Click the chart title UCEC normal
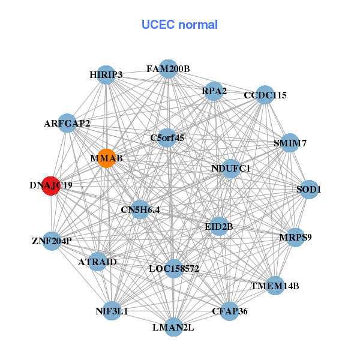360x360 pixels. (179, 25)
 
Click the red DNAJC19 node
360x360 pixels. (51, 185)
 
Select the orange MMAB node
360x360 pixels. (106, 158)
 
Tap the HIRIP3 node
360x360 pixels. (106, 74)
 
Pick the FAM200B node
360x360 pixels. (169, 68)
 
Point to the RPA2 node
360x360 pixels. (214, 91)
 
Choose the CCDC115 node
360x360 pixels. (265, 95)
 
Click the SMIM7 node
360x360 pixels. (290, 143)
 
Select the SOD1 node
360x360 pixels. (309, 189)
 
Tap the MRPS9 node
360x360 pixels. (295, 237)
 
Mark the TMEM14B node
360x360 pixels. (275, 285)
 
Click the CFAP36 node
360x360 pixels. (229, 311)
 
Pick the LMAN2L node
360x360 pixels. (173, 327)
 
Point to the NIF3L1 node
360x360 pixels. (112, 311)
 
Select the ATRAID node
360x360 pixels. (98, 262)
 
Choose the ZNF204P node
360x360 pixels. (52, 241)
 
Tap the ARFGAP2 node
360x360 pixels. (67, 124)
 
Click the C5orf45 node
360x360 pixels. (167, 137)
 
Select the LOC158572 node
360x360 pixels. (173, 268)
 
